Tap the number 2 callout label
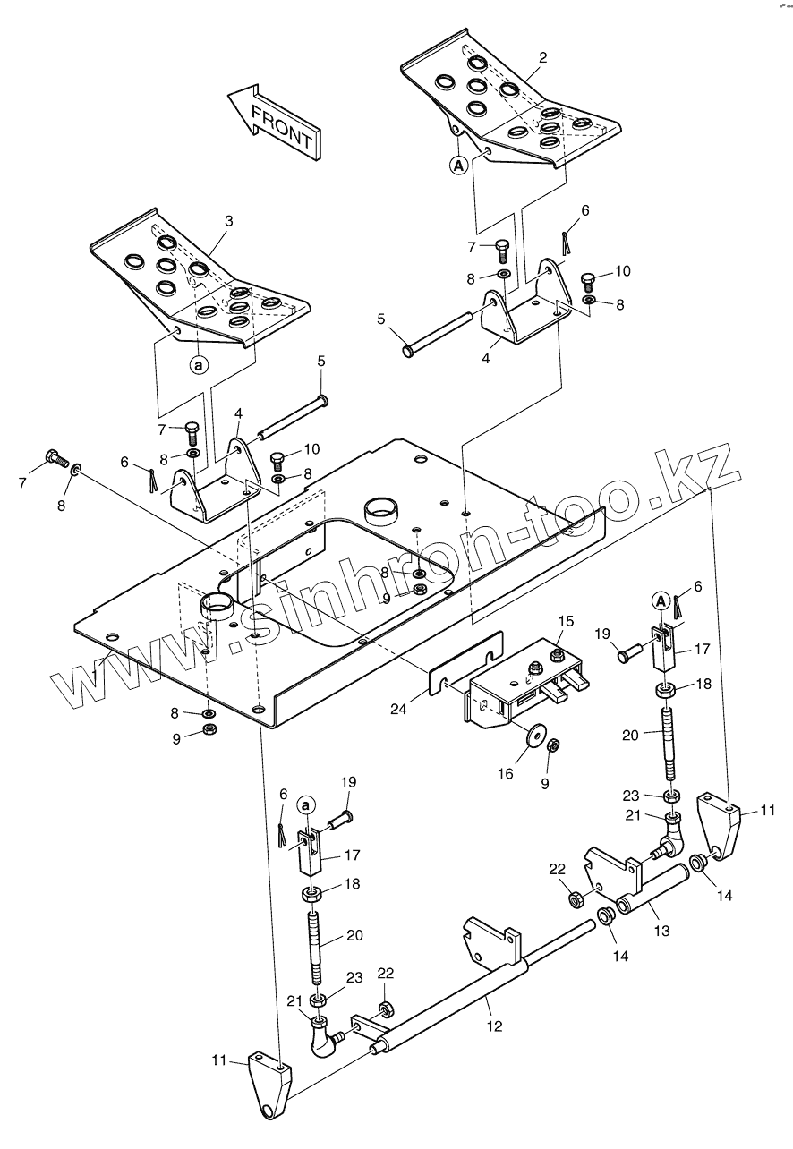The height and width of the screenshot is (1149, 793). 541,57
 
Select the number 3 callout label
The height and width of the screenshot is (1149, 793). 228,219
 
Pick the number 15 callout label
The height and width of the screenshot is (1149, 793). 565,620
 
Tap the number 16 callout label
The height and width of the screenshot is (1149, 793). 507,774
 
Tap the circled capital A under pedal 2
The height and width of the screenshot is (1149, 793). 458,165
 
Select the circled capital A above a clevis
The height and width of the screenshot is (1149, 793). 660,600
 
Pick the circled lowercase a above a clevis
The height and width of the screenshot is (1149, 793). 306,805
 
